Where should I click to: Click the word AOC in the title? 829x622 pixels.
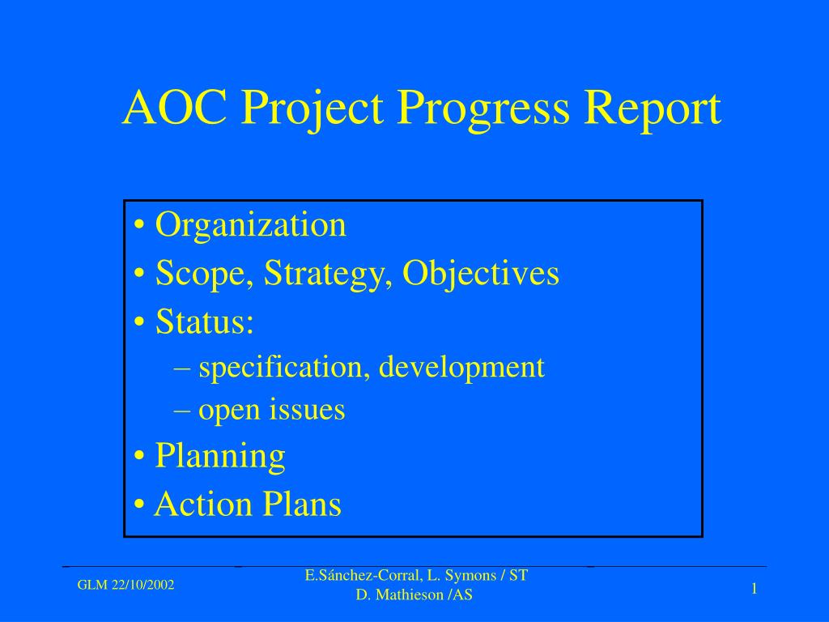(x=175, y=107)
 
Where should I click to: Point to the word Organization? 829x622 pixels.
(x=251, y=226)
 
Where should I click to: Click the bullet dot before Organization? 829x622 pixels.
(x=139, y=226)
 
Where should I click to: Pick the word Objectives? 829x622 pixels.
(x=481, y=275)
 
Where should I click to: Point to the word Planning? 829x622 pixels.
(x=220, y=457)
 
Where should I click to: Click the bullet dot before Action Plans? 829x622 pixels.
(x=139, y=504)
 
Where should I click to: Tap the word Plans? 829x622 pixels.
(x=303, y=503)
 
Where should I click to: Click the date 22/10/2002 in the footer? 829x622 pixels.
(x=142, y=585)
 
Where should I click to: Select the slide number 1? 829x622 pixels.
(x=755, y=589)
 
